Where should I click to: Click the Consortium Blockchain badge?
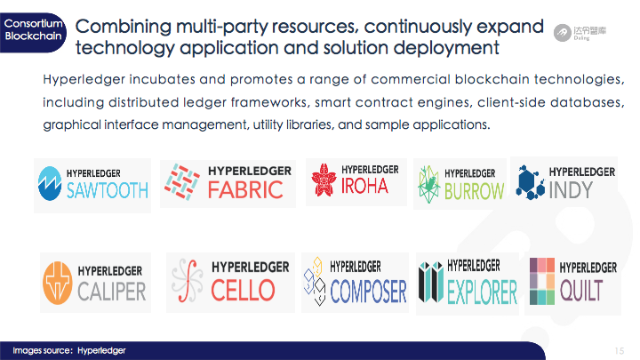[x=33, y=33]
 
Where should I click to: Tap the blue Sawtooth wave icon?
[x=50, y=183]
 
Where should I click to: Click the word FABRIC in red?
[x=245, y=190]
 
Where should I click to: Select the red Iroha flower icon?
[x=324, y=180]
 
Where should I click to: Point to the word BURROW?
[x=474, y=191]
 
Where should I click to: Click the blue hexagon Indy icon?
[x=530, y=182]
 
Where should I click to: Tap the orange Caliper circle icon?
[x=58, y=283]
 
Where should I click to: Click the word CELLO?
[x=243, y=290]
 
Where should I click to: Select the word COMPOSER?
[x=368, y=292]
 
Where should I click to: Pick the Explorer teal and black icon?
[x=431, y=282]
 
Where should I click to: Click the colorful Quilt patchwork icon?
[x=542, y=281]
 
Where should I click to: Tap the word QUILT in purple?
[x=581, y=291]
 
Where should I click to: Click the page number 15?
[x=620, y=350]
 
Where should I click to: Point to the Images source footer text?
[x=69, y=350]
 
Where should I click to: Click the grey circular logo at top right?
[x=563, y=33]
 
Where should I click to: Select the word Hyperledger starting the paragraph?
[x=84, y=79]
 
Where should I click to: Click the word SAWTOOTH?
[x=108, y=190]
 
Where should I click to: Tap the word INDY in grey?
[x=571, y=190]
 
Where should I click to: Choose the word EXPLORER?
[x=482, y=292]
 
